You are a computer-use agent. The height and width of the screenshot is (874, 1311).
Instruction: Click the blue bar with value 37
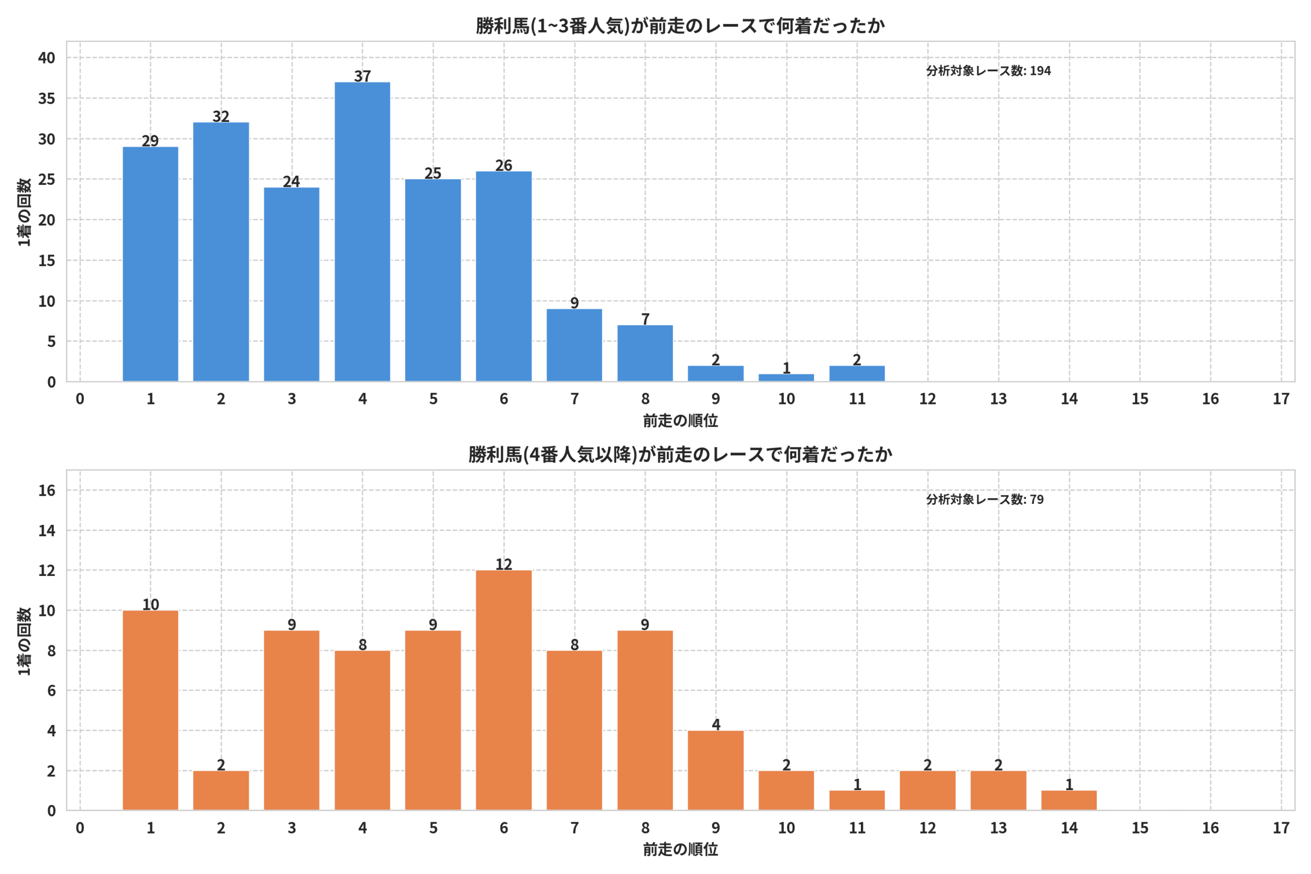tap(362, 232)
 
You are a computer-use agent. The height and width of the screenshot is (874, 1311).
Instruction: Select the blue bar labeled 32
tap(221, 252)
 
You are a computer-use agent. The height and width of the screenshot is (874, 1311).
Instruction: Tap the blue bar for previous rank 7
tap(574, 346)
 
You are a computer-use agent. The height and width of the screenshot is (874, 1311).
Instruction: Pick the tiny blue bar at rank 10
tap(786, 378)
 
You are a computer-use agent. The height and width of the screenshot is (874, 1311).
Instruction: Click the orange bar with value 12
tap(503, 691)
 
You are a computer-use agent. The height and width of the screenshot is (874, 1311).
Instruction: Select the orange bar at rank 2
tap(221, 791)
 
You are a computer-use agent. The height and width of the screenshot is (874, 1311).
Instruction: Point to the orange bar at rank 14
tap(1069, 801)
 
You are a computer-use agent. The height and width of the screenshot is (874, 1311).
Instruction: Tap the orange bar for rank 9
tap(716, 771)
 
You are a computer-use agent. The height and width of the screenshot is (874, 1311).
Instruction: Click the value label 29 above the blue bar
tap(150, 140)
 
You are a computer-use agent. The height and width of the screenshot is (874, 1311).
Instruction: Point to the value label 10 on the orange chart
tap(151, 604)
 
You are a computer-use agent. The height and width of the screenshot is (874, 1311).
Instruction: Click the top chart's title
tap(680, 26)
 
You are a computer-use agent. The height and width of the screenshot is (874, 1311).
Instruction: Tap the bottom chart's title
tap(680, 455)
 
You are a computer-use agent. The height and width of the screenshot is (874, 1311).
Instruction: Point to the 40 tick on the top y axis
tap(47, 57)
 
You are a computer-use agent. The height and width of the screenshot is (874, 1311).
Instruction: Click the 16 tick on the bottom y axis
tap(47, 491)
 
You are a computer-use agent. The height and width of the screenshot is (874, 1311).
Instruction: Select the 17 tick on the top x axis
tap(1281, 399)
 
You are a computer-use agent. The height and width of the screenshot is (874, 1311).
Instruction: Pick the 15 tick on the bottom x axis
tap(1140, 828)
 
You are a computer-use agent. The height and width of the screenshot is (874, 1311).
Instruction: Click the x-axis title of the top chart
tap(680, 421)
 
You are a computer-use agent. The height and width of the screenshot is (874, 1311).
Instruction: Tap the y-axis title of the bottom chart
tap(24, 641)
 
